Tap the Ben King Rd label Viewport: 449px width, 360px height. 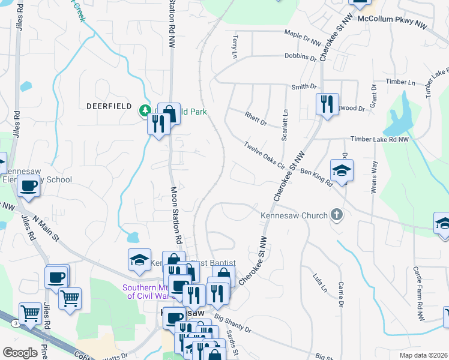(316, 178)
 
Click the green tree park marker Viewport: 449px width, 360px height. (145, 110)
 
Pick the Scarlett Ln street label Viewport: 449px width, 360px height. (285, 121)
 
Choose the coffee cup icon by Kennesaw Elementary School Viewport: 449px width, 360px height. (28, 185)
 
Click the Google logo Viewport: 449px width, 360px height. (20, 352)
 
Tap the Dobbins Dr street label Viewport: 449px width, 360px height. (300, 58)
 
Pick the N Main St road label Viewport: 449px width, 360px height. (46, 229)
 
